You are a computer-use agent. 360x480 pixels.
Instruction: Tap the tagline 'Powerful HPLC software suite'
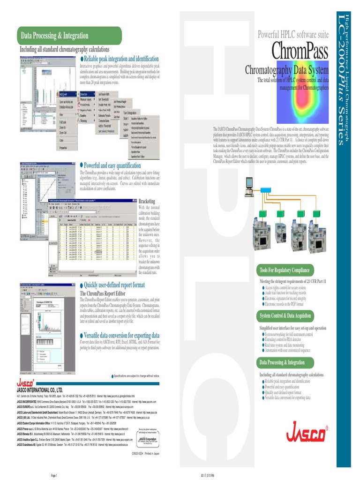tap(293, 35)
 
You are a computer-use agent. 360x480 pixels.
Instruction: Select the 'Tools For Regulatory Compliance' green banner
tap(285, 270)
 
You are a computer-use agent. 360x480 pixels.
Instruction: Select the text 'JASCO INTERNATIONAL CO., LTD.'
tap(40, 390)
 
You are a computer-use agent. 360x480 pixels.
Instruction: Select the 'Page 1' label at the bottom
tap(54, 475)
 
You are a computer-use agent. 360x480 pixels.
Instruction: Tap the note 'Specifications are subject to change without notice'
tap(136, 376)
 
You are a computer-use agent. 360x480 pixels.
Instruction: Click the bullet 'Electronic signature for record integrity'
tap(285, 298)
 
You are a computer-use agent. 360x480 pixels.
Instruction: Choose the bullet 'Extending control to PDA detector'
tap(287, 339)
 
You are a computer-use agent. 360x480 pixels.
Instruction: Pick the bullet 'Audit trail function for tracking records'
tap(285, 292)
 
